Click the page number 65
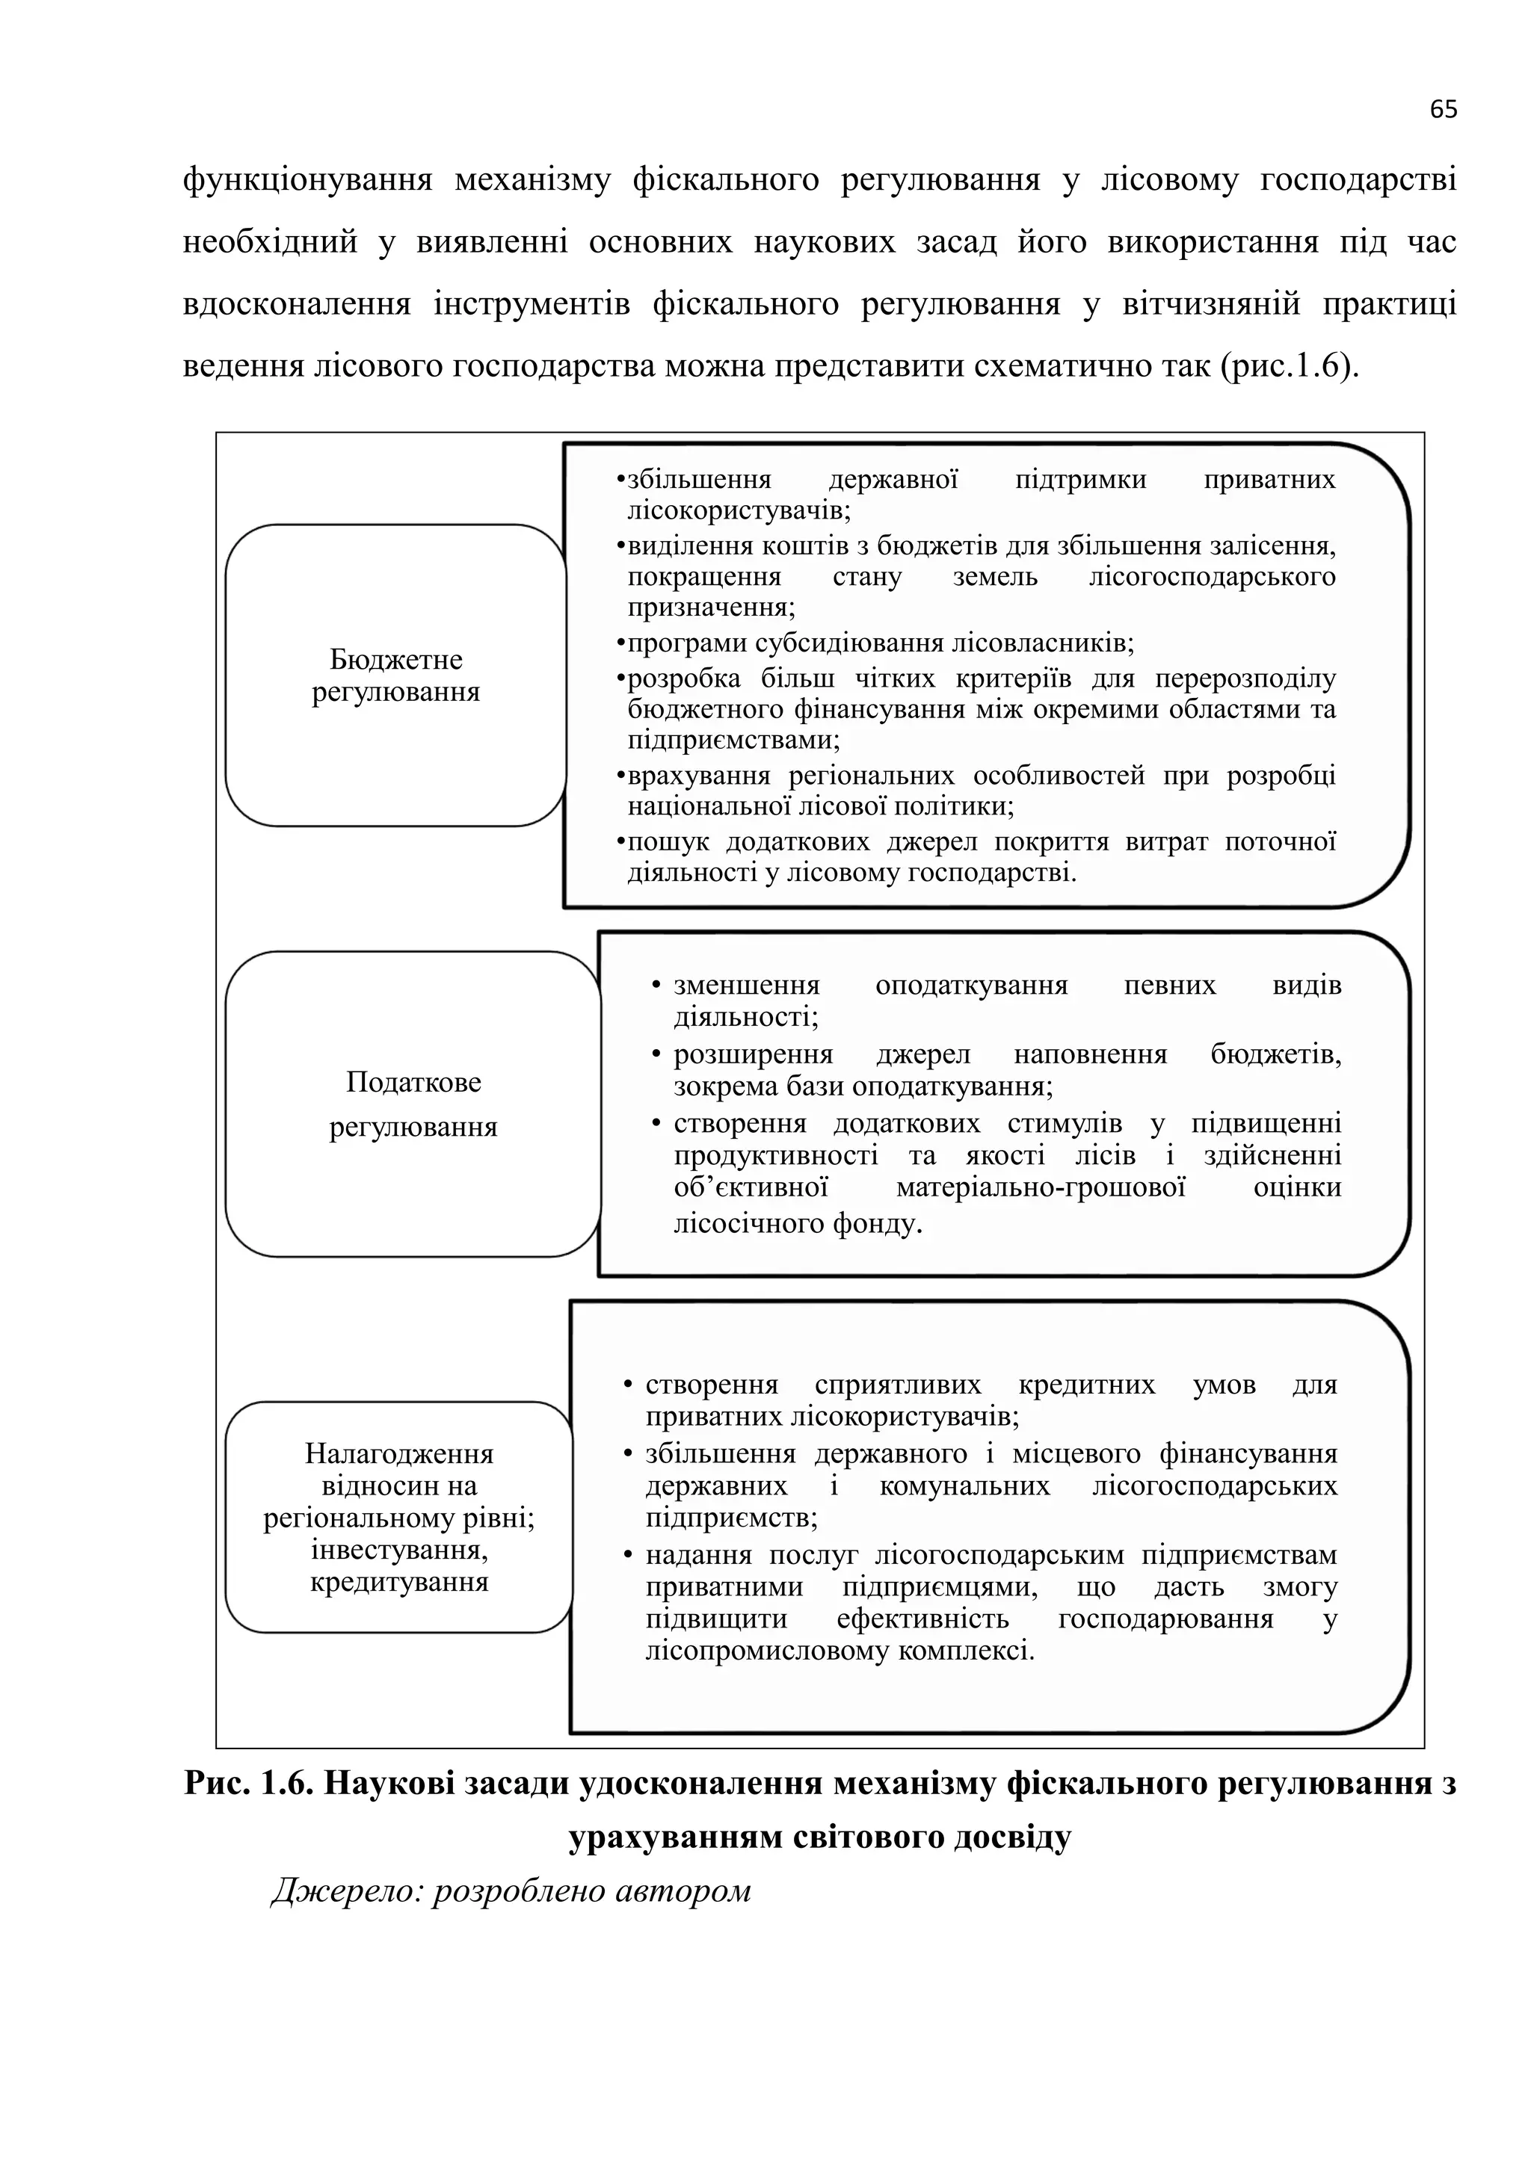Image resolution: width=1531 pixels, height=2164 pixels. [1442, 109]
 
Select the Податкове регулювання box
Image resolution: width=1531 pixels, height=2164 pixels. [412, 1104]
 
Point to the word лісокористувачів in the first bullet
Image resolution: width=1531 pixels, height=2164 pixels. [738, 512]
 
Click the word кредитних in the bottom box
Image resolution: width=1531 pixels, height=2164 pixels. [1086, 1385]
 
